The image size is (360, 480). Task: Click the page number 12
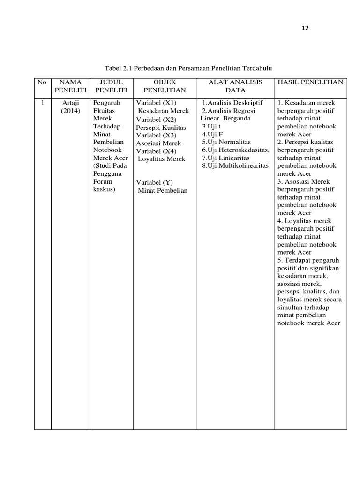(x=305, y=28)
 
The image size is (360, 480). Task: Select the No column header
(x=42, y=82)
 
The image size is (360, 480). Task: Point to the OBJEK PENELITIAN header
(x=165, y=86)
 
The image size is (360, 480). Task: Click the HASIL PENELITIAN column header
(x=311, y=82)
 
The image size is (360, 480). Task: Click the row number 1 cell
(x=42, y=103)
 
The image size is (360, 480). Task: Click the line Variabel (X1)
(x=156, y=103)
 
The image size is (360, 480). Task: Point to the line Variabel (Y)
(x=155, y=182)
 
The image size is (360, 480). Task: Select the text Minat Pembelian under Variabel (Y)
(x=163, y=190)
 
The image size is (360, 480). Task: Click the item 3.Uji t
(x=211, y=126)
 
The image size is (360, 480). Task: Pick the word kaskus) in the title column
(x=105, y=189)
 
